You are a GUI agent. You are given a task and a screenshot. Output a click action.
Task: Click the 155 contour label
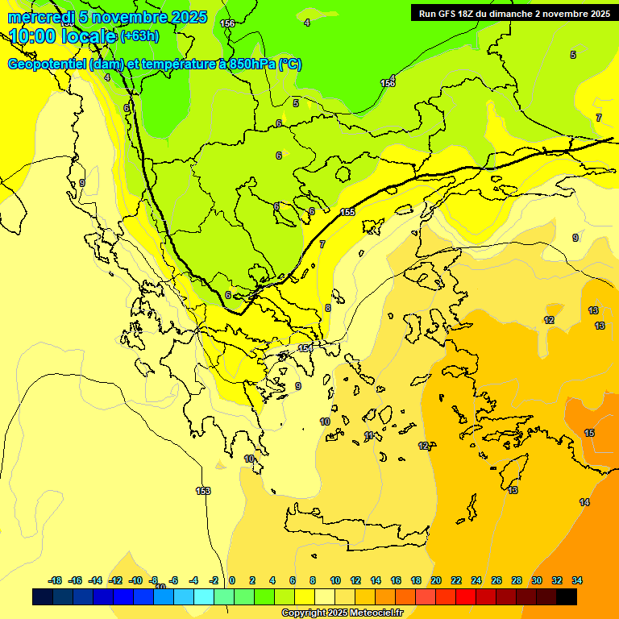(347, 212)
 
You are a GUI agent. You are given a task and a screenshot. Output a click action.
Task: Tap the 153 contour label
(203, 491)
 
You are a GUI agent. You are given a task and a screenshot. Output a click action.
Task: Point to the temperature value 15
(589, 433)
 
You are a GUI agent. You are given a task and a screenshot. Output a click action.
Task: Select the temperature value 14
(584, 502)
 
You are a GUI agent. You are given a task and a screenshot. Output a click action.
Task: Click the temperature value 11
(369, 435)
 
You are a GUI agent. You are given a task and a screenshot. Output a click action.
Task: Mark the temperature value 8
(327, 308)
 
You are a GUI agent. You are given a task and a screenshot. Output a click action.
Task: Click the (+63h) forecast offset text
(139, 36)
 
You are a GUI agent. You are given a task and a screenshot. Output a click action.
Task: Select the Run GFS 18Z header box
(513, 13)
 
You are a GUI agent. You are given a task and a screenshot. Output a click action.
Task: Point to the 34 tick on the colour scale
(577, 580)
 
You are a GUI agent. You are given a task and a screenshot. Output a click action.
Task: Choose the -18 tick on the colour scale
(55, 580)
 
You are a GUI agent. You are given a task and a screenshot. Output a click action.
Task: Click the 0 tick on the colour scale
(232, 580)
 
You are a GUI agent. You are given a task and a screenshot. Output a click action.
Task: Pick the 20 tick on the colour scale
(436, 580)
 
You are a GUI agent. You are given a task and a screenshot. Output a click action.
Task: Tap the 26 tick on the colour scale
(496, 580)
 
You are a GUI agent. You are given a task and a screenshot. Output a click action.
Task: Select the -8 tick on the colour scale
(154, 580)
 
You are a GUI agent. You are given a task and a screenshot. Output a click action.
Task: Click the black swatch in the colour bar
(567, 596)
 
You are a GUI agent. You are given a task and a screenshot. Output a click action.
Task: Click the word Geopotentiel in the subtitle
(46, 64)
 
